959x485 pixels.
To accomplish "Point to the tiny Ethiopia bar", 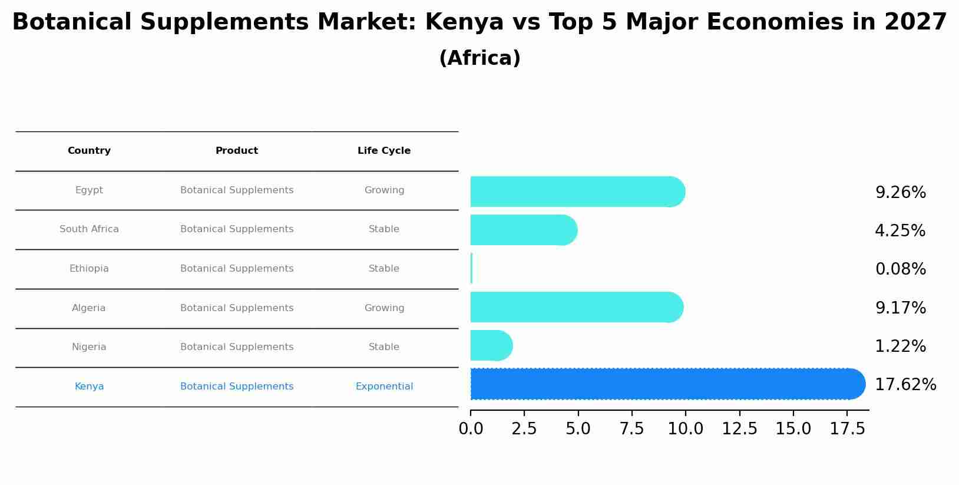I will (x=471, y=268).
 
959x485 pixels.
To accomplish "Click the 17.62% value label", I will (x=905, y=385).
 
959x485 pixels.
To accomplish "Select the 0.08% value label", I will (x=900, y=269).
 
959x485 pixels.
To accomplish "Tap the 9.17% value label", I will (x=900, y=308).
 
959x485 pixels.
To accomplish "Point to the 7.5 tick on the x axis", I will (x=631, y=429).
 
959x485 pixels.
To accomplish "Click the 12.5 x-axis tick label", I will (x=739, y=429).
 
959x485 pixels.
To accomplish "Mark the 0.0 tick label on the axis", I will (x=471, y=429).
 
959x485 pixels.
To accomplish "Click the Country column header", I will (x=89, y=151).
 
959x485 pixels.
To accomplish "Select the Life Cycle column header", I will (x=384, y=151).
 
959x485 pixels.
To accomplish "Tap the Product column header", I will (x=237, y=151).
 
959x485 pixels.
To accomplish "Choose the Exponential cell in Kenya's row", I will (x=384, y=387).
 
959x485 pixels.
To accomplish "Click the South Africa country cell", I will (x=89, y=229).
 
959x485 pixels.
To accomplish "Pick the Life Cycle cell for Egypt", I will (x=384, y=190).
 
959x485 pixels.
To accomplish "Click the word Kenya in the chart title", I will (x=464, y=22).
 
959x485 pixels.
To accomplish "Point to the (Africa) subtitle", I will (x=479, y=58).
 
